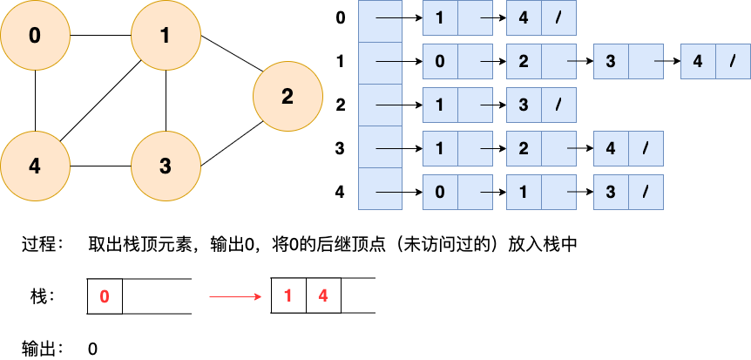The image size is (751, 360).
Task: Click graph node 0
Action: click(35, 36)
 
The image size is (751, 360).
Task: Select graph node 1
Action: click(166, 36)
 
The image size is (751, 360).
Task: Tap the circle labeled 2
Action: click(288, 96)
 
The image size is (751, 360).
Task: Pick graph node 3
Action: click(166, 166)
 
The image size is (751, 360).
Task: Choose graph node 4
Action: click(35, 166)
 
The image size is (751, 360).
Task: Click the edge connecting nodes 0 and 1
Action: click(100, 36)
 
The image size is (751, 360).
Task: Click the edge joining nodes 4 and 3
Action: click(100, 166)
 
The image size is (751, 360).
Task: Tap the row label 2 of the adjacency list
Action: click(340, 105)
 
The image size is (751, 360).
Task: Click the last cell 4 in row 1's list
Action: click(698, 62)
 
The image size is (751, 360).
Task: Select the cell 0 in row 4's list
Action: click(440, 188)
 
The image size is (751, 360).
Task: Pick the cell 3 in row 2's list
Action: click(524, 105)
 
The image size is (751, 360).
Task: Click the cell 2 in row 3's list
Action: click(524, 147)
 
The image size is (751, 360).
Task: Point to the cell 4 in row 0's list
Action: click(524, 17)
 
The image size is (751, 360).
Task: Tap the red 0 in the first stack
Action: click(105, 296)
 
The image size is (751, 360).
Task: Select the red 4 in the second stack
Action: click(323, 296)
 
